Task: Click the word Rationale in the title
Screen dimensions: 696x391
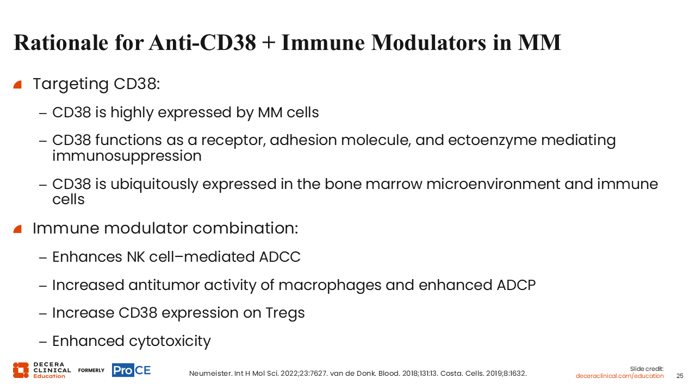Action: [x=61, y=42]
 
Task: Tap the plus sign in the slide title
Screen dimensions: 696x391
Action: [x=269, y=43]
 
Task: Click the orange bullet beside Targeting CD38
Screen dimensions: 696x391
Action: [x=17, y=85]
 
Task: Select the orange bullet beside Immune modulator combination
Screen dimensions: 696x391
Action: [x=17, y=229]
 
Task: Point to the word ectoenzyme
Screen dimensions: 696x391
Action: [x=492, y=140]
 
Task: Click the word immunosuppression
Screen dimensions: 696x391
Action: [x=127, y=156]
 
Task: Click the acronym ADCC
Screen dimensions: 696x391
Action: [x=280, y=257]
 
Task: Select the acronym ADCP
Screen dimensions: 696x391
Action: [x=516, y=285]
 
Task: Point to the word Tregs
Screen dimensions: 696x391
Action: [x=285, y=313]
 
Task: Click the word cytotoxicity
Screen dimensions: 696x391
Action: [x=170, y=342]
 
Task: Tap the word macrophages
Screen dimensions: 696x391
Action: [x=330, y=286]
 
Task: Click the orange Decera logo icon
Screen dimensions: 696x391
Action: [x=21, y=370]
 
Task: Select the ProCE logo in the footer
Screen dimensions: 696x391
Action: [x=132, y=370]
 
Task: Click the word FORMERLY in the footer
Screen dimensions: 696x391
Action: [x=91, y=370]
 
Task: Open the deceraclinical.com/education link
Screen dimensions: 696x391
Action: [x=619, y=376]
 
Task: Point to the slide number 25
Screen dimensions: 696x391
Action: [x=680, y=376]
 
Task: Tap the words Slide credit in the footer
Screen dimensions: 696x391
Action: [x=647, y=369]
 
